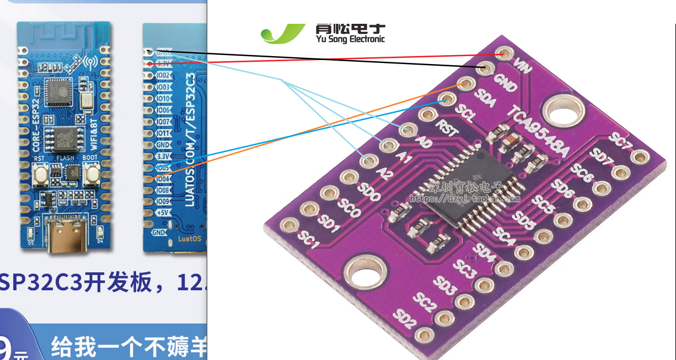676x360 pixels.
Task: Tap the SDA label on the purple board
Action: point(486,101)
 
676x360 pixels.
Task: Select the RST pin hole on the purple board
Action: point(426,114)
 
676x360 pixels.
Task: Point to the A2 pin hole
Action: point(368,161)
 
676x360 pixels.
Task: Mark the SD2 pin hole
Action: point(422,335)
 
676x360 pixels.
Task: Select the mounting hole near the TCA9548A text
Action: point(563,109)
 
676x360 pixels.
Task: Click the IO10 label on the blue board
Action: point(164,99)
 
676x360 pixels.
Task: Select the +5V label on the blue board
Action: point(163,213)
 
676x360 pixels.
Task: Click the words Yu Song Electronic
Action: point(350,39)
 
